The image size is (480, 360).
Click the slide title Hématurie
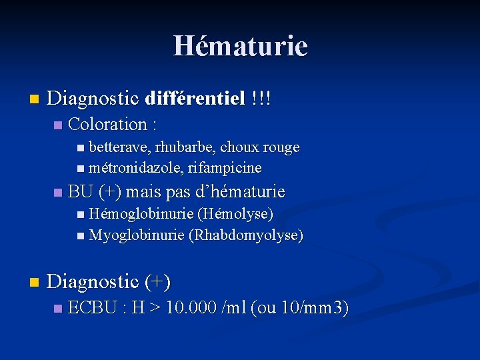[x=240, y=46]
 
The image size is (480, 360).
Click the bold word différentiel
[x=194, y=99]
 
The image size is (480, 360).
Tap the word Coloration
[x=107, y=124]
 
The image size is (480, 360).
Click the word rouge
[x=281, y=147]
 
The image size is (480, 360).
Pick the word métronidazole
[x=131, y=167]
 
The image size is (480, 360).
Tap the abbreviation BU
[x=80, y=192]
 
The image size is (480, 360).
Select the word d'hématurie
[x=239, y=192]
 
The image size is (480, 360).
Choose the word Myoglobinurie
[x=137, y=235]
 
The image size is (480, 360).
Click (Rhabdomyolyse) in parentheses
[x=246, y=235]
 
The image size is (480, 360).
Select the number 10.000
[x=191, y=308]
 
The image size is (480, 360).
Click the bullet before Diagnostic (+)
[x=34, y=283]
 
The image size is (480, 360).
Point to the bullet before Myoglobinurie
[x=81, y=235]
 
